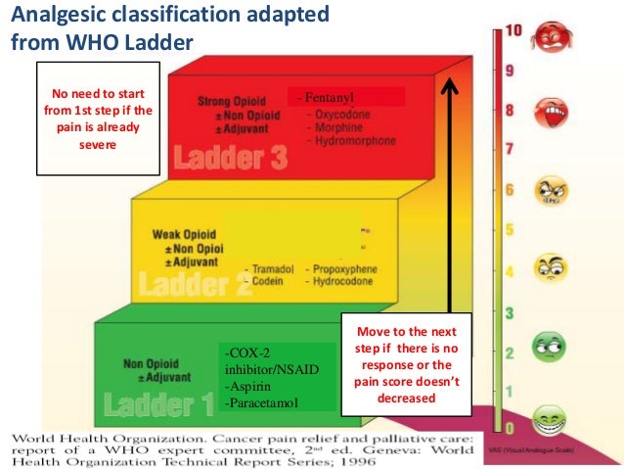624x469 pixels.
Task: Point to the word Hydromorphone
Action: click(x=355, y=141)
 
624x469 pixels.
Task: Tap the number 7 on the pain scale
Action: click(x=510, y=150)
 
